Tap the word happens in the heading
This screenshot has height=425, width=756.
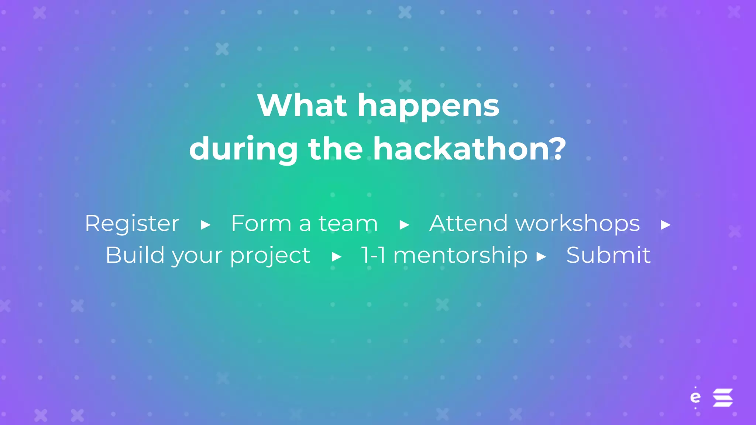(428, 107)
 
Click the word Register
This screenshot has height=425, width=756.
(132, 224)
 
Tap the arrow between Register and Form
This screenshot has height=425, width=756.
(206, 225)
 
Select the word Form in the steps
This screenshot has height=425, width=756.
(261, 224)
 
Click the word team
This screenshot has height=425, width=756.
(348, 224)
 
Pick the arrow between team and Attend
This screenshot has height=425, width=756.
(405, 225)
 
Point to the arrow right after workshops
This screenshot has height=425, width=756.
(666, 225)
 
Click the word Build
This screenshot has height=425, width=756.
(135, 255)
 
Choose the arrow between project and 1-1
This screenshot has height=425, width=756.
(337, 256)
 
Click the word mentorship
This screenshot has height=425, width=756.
(460, 256)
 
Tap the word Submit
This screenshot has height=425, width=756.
(608, 255)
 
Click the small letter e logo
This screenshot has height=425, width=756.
(695, 397)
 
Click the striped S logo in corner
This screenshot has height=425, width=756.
(722, 397)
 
